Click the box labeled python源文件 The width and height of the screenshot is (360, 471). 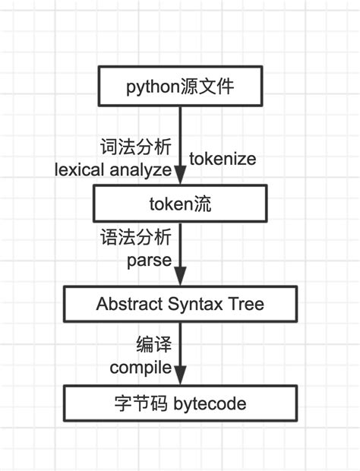point(180,86)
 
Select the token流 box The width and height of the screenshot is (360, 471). point(180,203)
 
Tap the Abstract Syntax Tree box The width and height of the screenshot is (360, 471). point(180,305)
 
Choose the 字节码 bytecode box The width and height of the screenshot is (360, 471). point(180,403)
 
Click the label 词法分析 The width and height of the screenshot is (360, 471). point(137,146)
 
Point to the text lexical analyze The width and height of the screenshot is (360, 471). point(113,169)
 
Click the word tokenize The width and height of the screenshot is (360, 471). point(223,160)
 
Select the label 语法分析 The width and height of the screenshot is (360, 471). point(137,239)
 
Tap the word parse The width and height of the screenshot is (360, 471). point(149,262)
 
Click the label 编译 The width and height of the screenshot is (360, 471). point(154,344)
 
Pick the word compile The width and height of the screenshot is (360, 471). point(141,368)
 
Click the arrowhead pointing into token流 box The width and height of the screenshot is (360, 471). point(180,179)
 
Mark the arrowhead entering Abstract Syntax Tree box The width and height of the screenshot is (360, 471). point(180,279)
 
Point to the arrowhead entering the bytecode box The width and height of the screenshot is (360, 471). point(180,378)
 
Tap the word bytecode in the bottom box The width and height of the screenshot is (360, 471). point(210,404)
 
